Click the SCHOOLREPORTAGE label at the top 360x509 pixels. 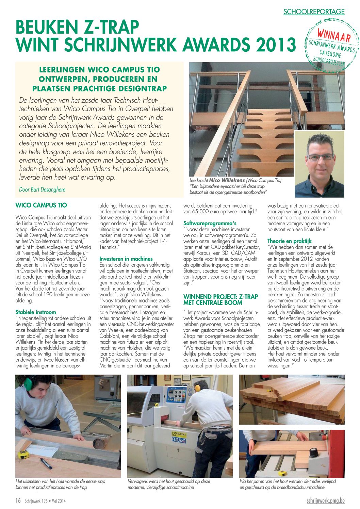pos(314,12)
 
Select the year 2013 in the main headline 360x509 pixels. pos(272,44)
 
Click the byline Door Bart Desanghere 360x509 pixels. pos(42,190)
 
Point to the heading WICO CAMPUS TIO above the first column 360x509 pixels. pos(41,205)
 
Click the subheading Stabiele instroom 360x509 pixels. pos(36,312)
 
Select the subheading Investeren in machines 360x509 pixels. pos(126,259)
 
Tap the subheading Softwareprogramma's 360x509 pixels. pos(210,223)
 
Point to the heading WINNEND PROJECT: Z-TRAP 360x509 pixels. pos(220,297)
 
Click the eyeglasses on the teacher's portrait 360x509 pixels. pos(320,157)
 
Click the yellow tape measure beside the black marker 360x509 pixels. pos(23,454)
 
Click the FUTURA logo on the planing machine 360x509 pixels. pos(179,440)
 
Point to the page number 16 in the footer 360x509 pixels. pos(18,500)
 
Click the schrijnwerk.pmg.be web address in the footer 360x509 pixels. pos(325,500)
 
